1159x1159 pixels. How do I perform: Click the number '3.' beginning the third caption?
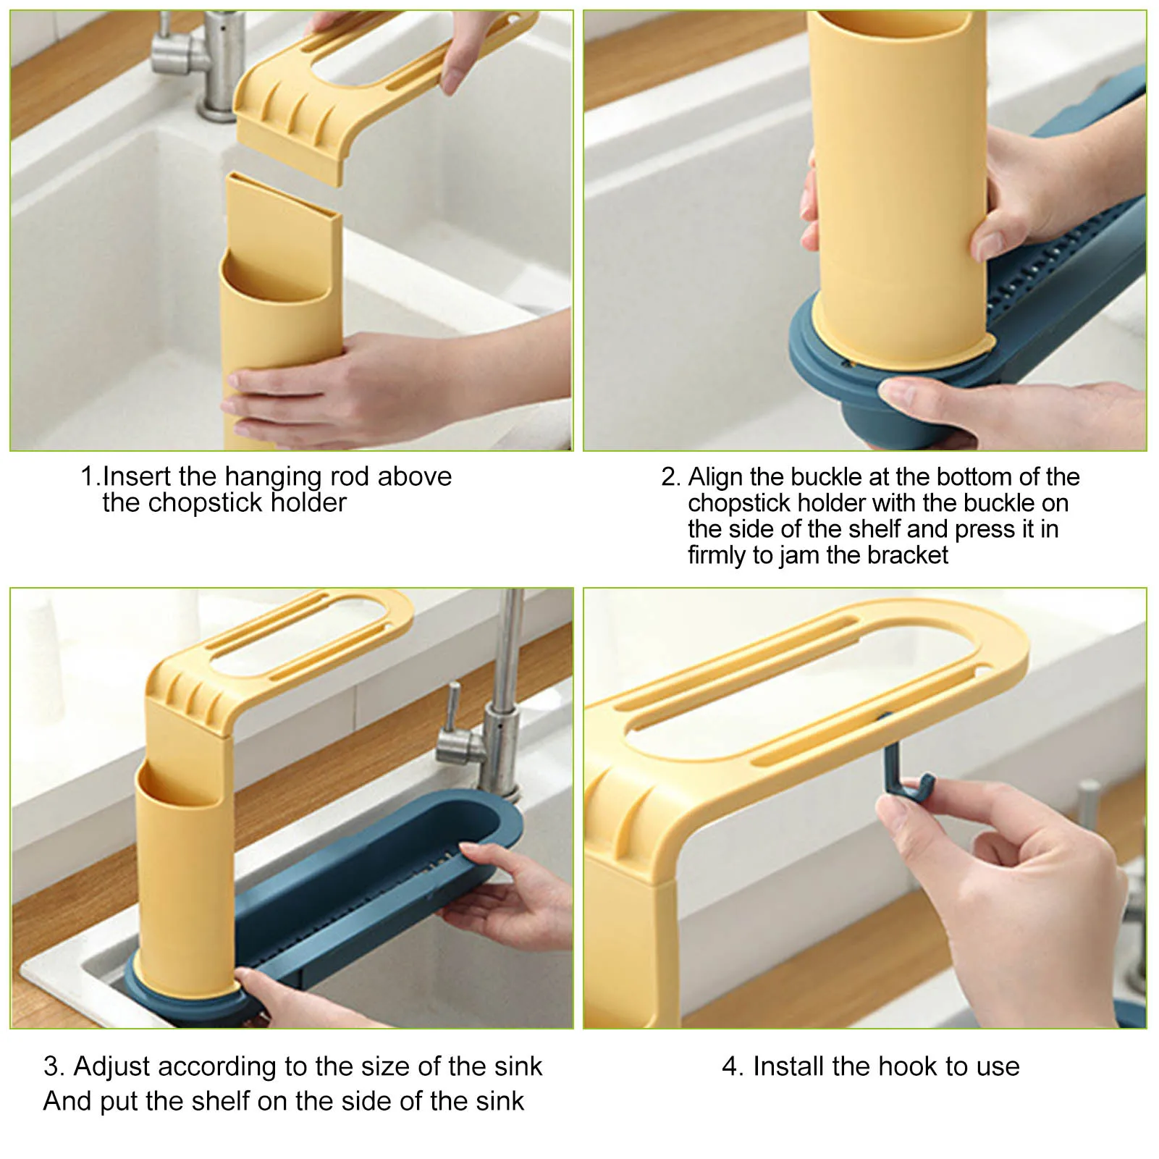click(x=54, y=1066)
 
